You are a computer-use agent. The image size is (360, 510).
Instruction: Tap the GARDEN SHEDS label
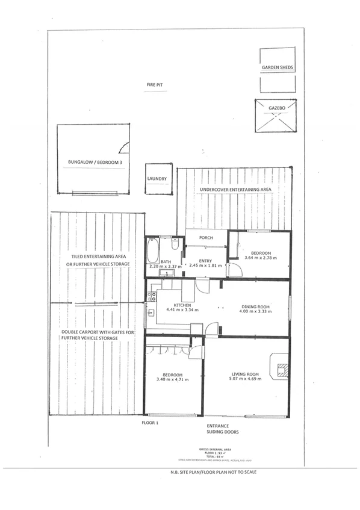coord(278,68)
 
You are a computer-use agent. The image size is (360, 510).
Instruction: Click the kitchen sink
coord(151,312)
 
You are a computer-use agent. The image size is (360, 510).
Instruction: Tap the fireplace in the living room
coord(280,366)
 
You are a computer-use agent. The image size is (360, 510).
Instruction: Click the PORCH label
coord(206,238)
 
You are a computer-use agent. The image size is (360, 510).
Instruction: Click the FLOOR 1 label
coord(149,423)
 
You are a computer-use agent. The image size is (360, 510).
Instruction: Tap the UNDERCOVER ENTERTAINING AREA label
coord(235,190)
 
